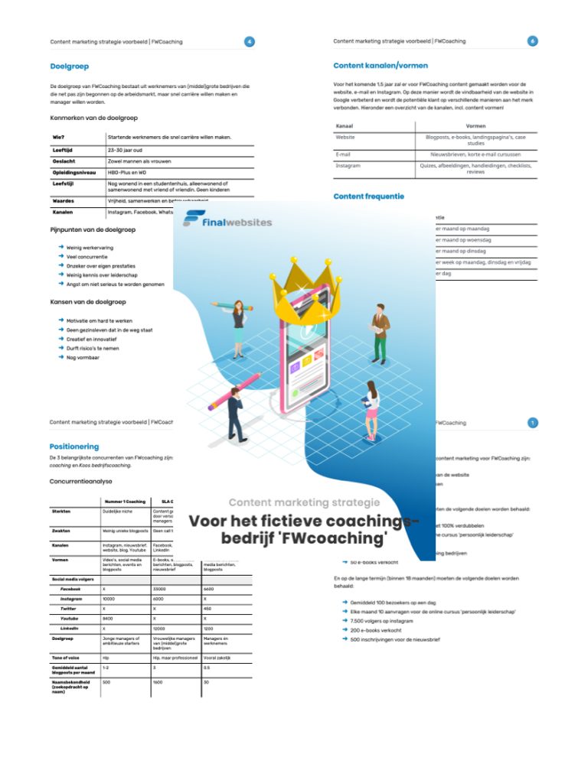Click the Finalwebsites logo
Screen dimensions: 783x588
[227, 222]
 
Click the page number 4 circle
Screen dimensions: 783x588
[249, 41]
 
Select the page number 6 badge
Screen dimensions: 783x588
[533, 41]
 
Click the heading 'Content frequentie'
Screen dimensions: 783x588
[369, 197]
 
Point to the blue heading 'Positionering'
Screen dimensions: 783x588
[74, 446]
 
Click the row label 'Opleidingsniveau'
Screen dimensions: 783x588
[73, 173]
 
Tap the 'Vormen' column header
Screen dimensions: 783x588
[475, 125]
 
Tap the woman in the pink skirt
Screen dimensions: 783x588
[371, 408]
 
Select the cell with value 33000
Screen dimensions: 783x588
[160, 590]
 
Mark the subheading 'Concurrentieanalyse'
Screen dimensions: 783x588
[81, 482]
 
